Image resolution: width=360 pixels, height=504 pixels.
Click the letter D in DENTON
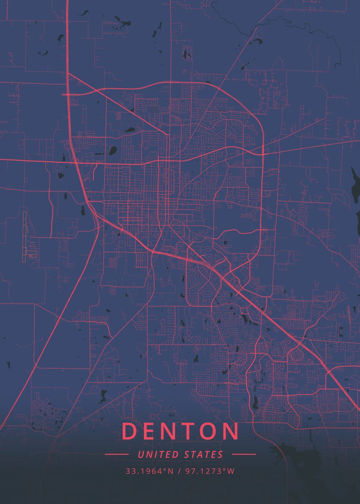(x=130, y=431)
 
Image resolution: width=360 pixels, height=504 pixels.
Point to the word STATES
(x=204, y=454)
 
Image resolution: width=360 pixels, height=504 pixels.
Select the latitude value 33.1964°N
(x=149, y=471)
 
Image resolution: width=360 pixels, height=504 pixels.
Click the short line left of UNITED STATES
(x=116, y=454)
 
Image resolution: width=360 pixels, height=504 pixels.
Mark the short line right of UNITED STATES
(x=244, y=454)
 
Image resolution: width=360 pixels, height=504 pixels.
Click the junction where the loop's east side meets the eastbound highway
(x=263, y=154)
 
